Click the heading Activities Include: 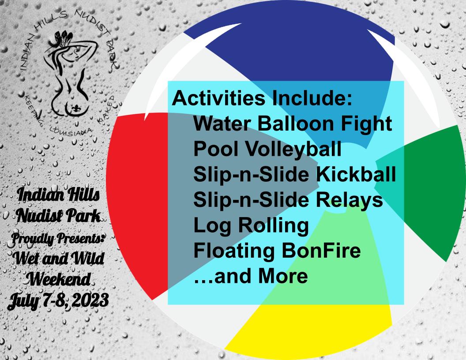click(x=262, y=98)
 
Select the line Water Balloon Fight click(x=293, y=124)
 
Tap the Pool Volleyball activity click(x=267, y=149)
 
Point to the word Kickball click(x=356, y=174)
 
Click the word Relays click(x=349, y=200)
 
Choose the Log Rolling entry click(x=251, y=226)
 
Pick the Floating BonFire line click(x=277, y=251)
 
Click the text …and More click(x=251, y=276)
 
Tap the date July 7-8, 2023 click(x=58, y=300)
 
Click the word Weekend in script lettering click(x=58, y=279)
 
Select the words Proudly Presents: click(x=58, y=239)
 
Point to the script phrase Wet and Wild click(x=59, y=259)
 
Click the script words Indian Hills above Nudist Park click(x=58, y=195)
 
